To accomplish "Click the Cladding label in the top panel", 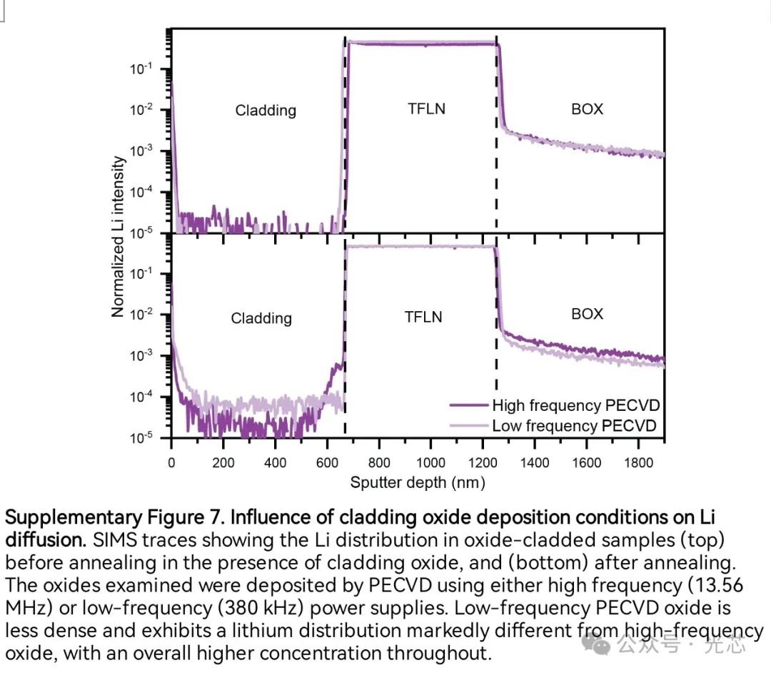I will click(266, 111).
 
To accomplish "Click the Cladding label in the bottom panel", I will click(261, 318).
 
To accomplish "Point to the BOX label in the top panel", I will click(587, 109).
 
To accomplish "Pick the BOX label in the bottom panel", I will click(587, 314).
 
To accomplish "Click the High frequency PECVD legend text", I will click(575, 406).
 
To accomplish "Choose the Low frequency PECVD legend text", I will click(574, 426).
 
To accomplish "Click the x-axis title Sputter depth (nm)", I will click(418, 483).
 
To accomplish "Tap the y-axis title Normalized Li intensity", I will click(119, 235).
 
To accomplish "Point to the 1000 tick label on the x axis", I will click(430, 463).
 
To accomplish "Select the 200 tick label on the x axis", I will click(223, 463).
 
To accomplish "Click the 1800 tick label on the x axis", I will click(638, 463).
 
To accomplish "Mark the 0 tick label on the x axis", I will click(171, 463).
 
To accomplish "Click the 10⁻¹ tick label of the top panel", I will click(139, 69).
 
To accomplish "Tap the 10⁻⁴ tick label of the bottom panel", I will click(139, 397).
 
